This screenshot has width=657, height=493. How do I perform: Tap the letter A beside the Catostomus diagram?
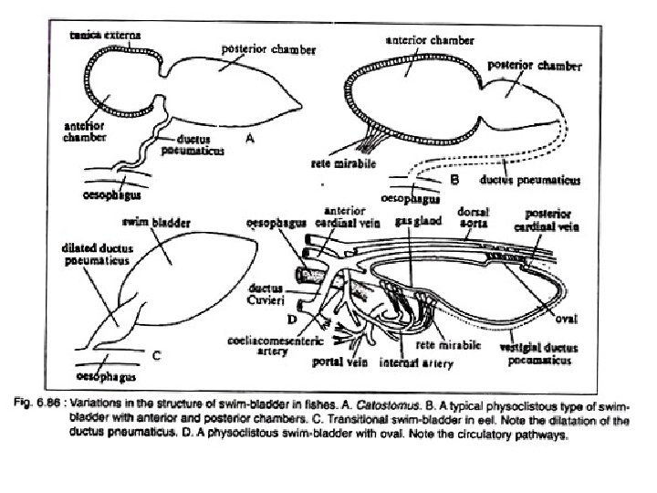point(248,138)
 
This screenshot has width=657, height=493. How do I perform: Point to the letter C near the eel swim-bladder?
point(156,356)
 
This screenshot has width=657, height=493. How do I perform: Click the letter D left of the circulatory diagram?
point(292,319)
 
